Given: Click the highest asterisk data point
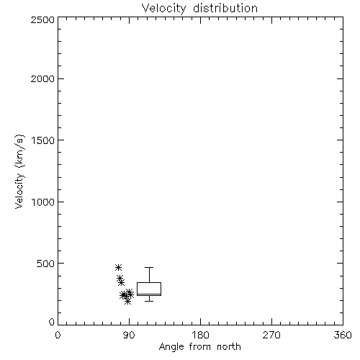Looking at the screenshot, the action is click(x=118, y=267).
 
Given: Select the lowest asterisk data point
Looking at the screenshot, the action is click(x=128, y=301).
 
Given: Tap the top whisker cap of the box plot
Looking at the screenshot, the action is click(x=149, y=267).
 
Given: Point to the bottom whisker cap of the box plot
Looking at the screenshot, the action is click(x=149, y=301).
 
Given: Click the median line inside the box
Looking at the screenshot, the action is click(x=149, y=294).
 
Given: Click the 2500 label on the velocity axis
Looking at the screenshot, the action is click(x=42, y=19).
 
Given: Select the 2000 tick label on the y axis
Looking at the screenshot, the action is click(x=42, y=78).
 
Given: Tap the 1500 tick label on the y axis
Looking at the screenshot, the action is click(x=43, y=140).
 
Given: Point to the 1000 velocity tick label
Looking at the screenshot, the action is click(x=43, y=202).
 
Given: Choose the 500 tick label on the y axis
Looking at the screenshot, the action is click(x=46, y=264).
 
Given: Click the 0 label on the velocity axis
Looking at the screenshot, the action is click(x=52, y=322).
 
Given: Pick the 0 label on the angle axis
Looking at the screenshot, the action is click(x=58, y=335).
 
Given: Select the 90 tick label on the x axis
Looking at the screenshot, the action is click(x=129, y=335).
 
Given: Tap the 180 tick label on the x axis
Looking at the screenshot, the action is click(x=200, y=335).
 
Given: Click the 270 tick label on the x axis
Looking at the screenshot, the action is click(x=271, y=335).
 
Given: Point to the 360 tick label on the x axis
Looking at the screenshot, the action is click(x=343, y=335).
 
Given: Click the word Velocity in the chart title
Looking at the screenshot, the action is click(x=164, y=9).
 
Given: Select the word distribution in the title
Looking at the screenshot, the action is click(x=225, y=8).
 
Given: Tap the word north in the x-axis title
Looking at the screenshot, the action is click(x=229, y=346).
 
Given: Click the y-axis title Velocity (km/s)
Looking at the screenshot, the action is click(x=19, y=171).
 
